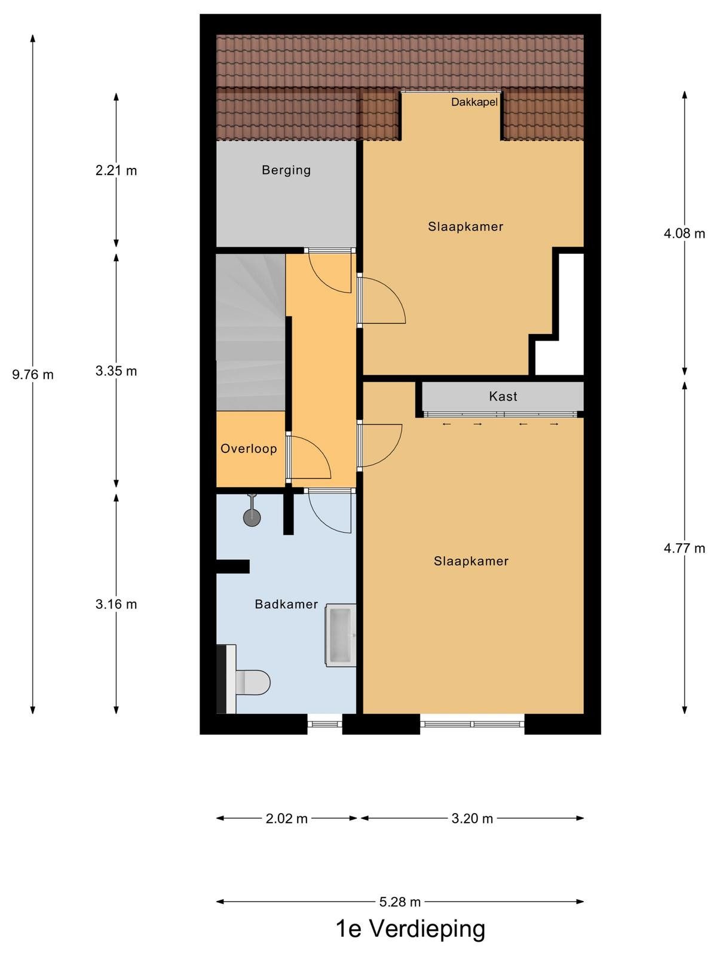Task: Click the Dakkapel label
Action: click(x=474, y=102)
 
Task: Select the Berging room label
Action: click(x=286, y=170)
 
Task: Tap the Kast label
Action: click(x=503, y=396)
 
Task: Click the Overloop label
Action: click(x=249, y=449)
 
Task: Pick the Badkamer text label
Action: click(x=286, y=604)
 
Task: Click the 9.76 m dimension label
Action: click(x=33, y=375)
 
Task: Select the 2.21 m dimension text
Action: click(x=117, y=170)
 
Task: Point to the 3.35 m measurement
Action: click(x=117, y=371)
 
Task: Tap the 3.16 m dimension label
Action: click(x=117, y=604)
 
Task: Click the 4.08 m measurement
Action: click(x=684, y=234)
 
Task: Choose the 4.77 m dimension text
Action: click(x=684, y=549)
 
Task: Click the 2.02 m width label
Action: click(x=287, y=819)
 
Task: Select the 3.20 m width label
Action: click(x=473, y=819)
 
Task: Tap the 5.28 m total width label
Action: click(x=400, y=902)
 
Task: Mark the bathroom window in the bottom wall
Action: click(x=325, y=724)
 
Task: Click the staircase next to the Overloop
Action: click(x=251, y=332)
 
